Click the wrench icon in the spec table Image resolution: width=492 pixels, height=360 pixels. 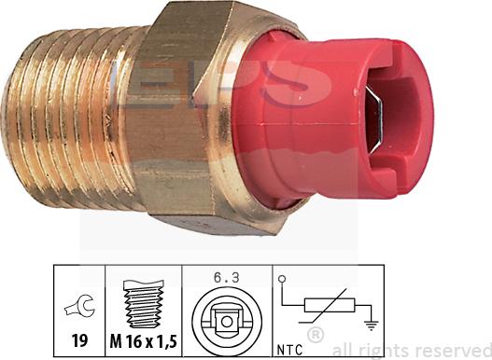click(79, 307)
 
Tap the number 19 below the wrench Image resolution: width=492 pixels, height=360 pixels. click(79, 340)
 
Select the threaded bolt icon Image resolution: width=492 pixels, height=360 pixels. click(144, 303)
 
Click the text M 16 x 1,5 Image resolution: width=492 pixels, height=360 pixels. click(144, 340)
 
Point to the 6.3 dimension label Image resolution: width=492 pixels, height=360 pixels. click(227, 278)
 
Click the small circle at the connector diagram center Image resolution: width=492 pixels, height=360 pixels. click(227, 322)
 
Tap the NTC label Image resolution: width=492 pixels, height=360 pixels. click(290, 350)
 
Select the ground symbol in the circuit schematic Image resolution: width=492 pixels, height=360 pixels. click(372, 325)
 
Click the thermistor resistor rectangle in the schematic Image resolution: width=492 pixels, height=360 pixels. click(330, 305)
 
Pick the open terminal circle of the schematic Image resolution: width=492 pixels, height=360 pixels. click(282, 279)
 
